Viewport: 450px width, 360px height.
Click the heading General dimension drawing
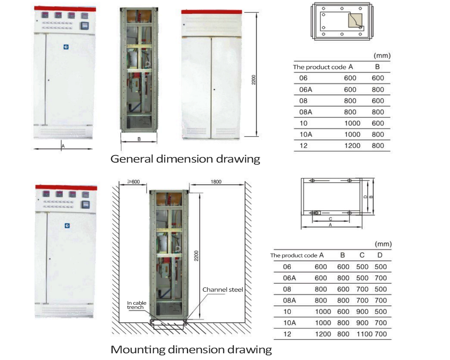pyautogui.click(x=185, y=159)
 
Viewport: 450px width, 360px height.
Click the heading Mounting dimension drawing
pyautogui.click(x=191, y=349)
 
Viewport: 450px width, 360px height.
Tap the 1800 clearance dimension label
pyautogui.click(x=216, y=182)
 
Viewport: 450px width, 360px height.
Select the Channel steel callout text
pyautogui.click(x=222, y=290)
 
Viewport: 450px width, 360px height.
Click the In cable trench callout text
pyautogui.click(x=136, y=305)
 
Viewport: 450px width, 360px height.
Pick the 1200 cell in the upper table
pyautogui.click(x=352, y=145)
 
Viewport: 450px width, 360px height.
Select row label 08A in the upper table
pyautogui.click(x=305, y=112)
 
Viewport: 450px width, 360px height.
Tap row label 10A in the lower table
pyautogui.click(x=290, y=323)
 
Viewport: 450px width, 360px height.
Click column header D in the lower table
pyautogui.click(x=380, y=255)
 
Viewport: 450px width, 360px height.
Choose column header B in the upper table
pyautogui.click(x=377, y=67)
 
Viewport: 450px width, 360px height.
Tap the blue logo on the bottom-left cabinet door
pyautogui.click(x=67, y=226)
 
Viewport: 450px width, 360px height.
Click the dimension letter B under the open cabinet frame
pyautogui.click(x=139, y=140)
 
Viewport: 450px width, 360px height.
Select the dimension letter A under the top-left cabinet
pyautogui.click(x=63, y=146)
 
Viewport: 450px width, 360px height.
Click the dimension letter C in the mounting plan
pyautogui.click(x=330, y=219)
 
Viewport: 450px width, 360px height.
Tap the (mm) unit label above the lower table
pyautogui.click(x=383, y=244)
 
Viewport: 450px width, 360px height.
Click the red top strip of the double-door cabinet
pyautogui.click(x=212, y=12)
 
